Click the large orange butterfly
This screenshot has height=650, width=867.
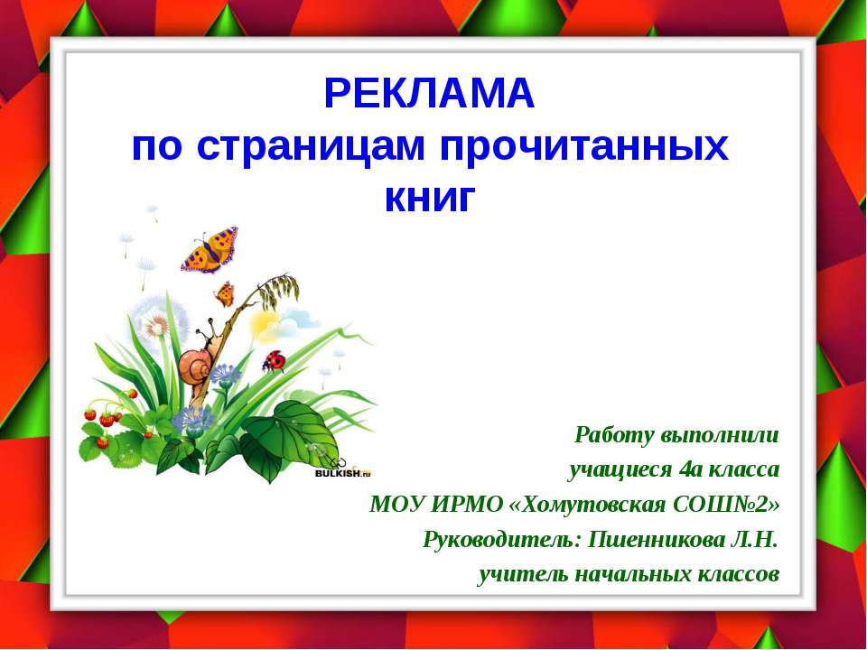pyautogui.click(x=210, y=248)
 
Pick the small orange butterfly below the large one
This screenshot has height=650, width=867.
pyautogui.click(x=224, y=293)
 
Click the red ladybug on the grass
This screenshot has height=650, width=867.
pyautogui.click(x=274, y=361)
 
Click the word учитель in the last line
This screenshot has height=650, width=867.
pyautogui.click(x=514, y=573)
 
